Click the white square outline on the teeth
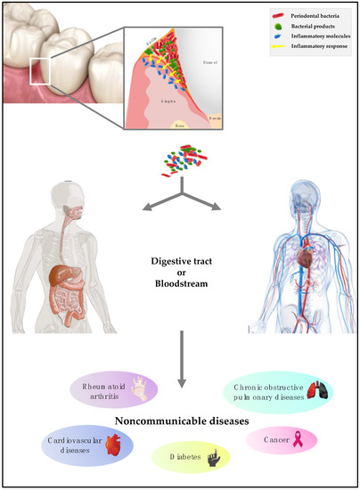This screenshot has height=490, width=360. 42,70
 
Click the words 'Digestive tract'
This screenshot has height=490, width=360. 181,263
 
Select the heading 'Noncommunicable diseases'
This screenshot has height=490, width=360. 181,422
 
